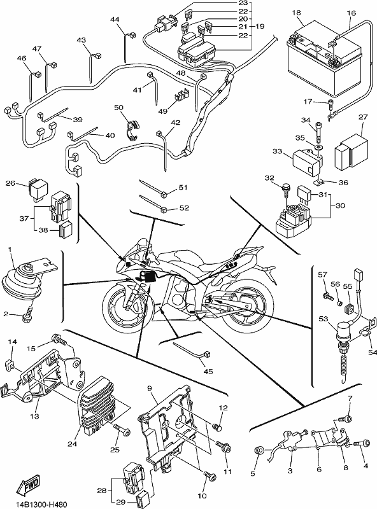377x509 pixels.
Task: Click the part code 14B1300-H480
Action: tap(36, 504)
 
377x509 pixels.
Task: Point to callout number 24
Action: tap(73, 443)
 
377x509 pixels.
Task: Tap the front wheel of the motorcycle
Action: tap(128, 307)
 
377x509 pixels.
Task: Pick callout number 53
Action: tap(323, 319)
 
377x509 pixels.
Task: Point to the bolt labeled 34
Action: tap(318, 133)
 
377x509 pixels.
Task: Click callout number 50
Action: tap(118, 108)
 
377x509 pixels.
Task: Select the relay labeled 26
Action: tap(38, 188)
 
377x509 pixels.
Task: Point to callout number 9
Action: tap(149, 388)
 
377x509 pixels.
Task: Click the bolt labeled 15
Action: tap(59, 340)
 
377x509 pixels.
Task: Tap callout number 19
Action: tap(260, 26)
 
